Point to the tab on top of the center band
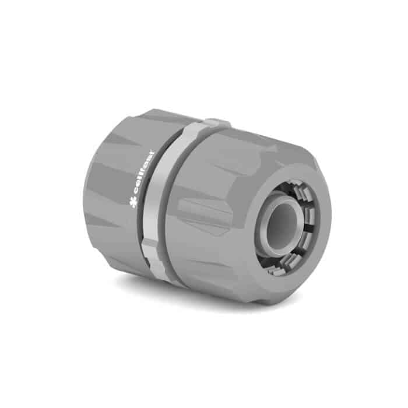tap(217, 123)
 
